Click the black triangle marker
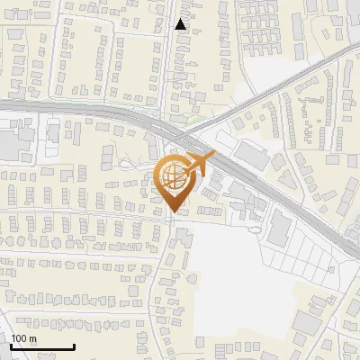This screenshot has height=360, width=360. point(181,24)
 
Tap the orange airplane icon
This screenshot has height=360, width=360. point(197,164)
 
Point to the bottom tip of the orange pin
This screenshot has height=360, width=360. point(173,212)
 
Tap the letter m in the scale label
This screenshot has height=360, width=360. point(32,338)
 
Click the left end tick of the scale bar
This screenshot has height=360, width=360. point(11,346)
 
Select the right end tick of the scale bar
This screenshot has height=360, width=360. point(74,346)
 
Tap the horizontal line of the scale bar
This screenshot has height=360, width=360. point(42,347)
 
